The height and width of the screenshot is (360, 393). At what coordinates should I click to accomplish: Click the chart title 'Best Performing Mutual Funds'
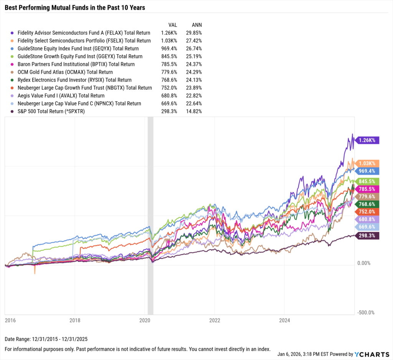pos(75,7)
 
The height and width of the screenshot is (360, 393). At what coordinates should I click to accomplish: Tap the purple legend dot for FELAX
pos(13,33)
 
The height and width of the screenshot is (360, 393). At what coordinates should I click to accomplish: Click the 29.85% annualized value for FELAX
pos(194,33)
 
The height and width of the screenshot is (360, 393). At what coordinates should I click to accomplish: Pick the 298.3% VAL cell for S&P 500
pos(169,112)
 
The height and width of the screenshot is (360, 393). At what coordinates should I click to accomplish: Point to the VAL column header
pos(173,25)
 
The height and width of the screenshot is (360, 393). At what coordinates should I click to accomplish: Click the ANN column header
pos(196,25)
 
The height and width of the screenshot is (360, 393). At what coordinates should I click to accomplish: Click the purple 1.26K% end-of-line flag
pos(368,140)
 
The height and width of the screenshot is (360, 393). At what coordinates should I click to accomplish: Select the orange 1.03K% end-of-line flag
pos(368,163)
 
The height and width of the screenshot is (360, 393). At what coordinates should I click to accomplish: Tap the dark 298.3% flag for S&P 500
pos(368,236)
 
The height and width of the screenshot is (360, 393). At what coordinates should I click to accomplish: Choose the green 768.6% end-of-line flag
pos(368,204)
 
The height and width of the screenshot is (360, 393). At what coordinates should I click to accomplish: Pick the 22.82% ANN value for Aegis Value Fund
pos(194,96)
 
